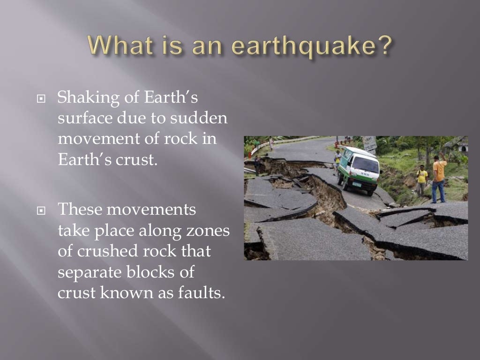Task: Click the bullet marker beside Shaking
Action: pyautogui.click(x=41, y=100)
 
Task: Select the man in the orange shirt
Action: pyautogui.click(x=439, y=178)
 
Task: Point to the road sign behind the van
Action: pyautogui.click(x=369, y=143)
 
